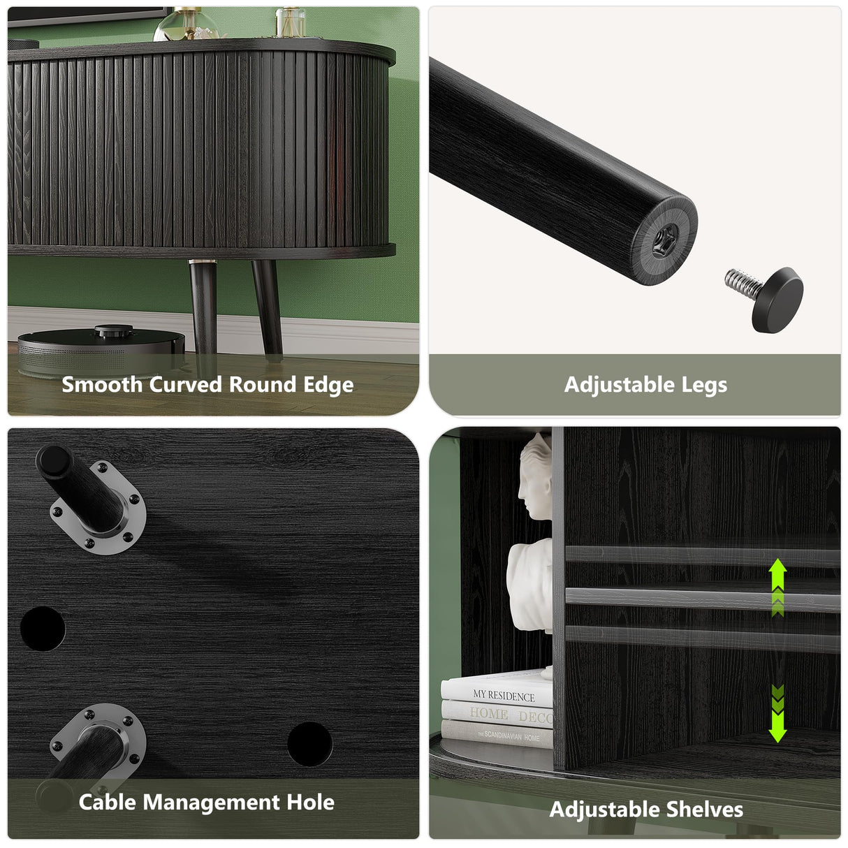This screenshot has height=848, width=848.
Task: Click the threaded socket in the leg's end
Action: point(665,240)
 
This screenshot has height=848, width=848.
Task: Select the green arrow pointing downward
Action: point(777,713)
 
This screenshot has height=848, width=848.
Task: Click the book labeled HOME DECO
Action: point(497,714)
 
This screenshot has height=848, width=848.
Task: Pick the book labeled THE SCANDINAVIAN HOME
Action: point(497,733)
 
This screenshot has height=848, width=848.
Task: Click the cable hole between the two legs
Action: point(43,629)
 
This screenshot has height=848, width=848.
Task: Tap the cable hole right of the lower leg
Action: point(310,744)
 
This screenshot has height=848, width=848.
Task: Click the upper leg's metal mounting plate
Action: point(99,508)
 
